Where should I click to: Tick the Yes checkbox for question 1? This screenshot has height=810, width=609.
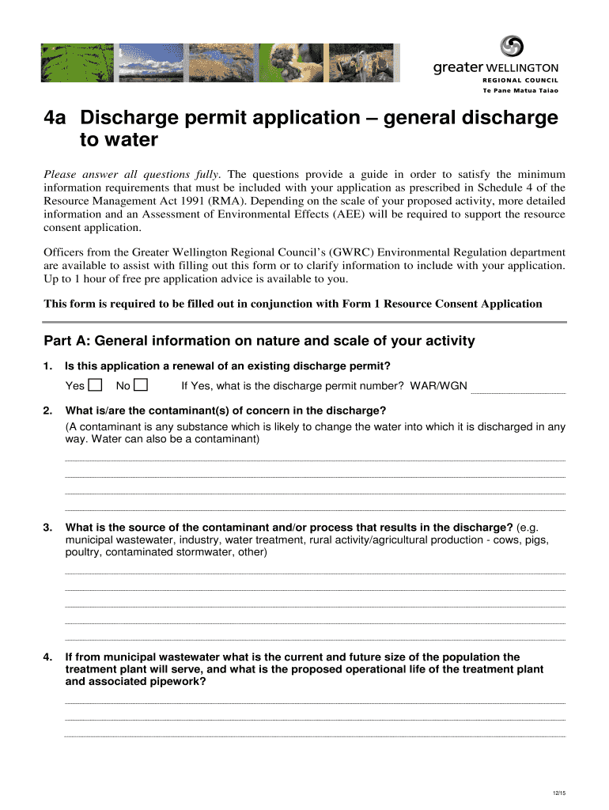[x=96, y=386]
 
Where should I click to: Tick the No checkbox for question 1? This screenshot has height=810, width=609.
[x=142, y=386]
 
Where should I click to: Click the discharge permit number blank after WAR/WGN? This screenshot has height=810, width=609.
[x=518, y=387]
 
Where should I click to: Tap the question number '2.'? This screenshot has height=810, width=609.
[x=48, y=410]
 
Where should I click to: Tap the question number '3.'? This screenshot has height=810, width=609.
[x=48, y=528]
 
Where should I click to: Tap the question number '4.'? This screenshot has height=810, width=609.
[x=48, y=657]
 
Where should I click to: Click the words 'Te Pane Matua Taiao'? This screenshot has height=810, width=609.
[x=520, y=91]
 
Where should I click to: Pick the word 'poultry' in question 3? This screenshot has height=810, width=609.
[x=82, y=552]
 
